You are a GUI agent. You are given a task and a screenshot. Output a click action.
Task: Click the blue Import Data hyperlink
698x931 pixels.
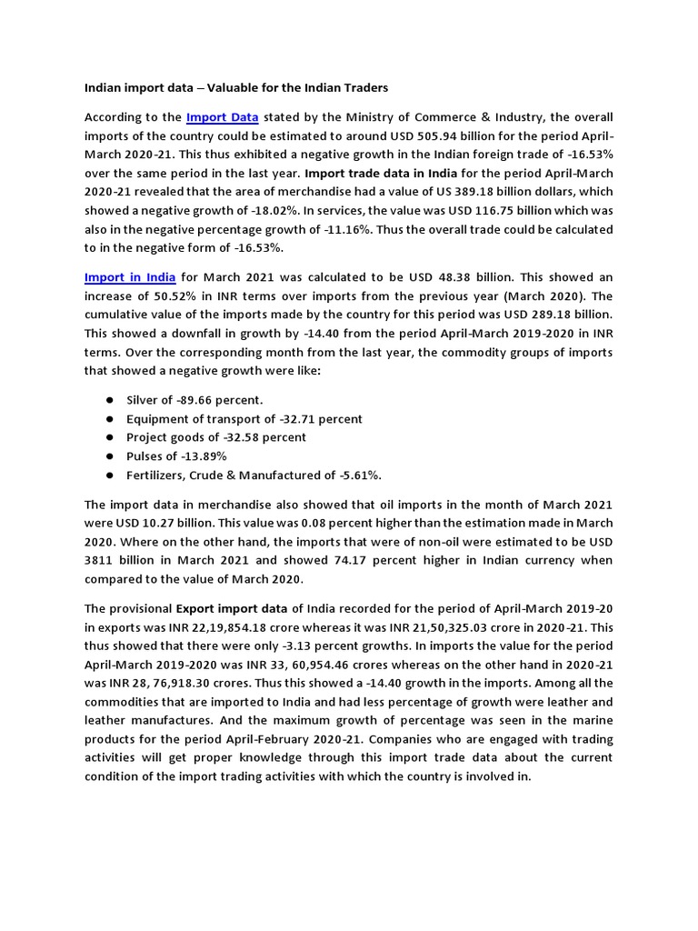click(x=223, y=117)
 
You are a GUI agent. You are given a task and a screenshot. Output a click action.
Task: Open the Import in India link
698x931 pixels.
click(x=130, y=276)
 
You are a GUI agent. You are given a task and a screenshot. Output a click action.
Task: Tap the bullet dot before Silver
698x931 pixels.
click(x=109, y=400)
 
